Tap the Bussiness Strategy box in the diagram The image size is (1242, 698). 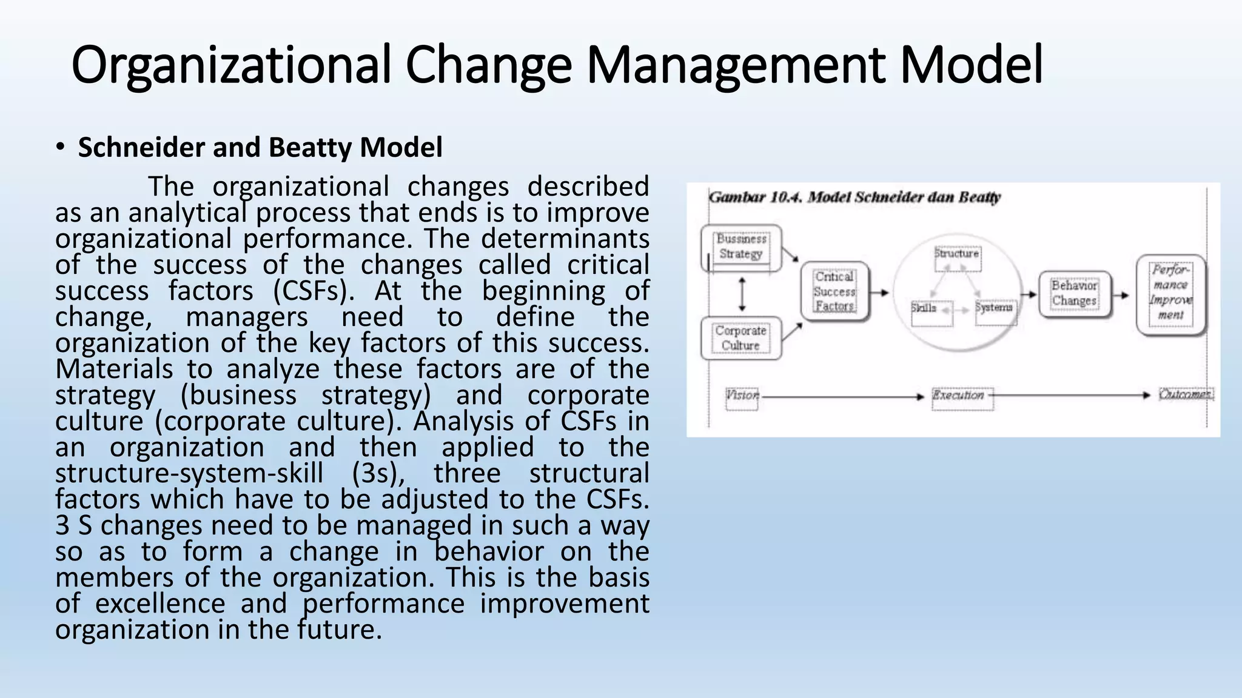coord(740,247)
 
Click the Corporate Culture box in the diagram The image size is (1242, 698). coord(740,338)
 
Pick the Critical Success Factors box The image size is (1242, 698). coord(834,291)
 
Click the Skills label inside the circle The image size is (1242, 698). coord(924,308)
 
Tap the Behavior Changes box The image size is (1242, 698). coord(1074,293)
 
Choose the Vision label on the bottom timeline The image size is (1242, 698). coord(742,395)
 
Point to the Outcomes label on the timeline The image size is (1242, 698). coord(1185,394)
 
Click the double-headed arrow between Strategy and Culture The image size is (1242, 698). coord(742,294)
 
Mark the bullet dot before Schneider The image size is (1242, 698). coord(60,147)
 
